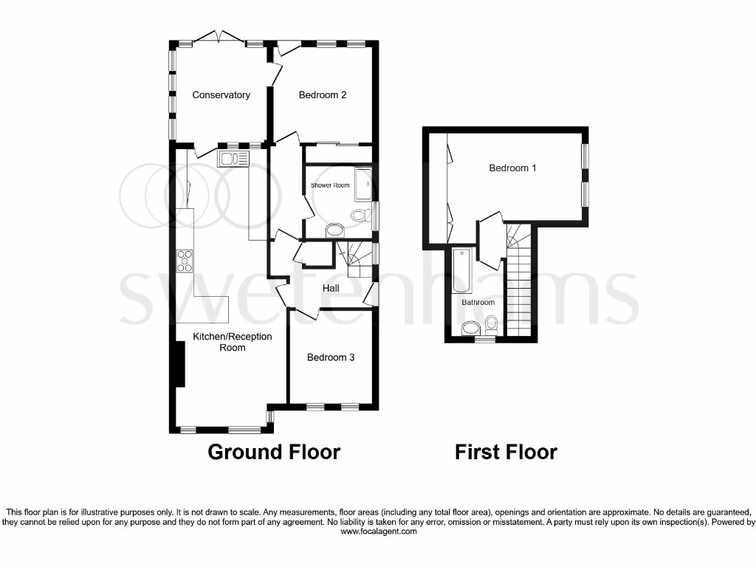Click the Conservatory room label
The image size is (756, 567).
(x=221, y=94)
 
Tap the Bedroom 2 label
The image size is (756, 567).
(x=323, y=94)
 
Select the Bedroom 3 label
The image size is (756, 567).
(x=331, y=357)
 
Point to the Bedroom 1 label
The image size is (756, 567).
(x=512, y=168)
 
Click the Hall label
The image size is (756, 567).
(x=331, y=288)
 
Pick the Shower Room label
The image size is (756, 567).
(x=330, y=185)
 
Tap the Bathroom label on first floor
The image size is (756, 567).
(x=478, y=303)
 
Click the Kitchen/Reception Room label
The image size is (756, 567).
(x=233, y=342)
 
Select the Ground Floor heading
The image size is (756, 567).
(x=274, y=452)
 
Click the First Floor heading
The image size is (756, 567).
(x=506, y=452)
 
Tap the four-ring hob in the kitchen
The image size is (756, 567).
(x=185, y=261)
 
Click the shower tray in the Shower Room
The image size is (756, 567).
(x=363, y=185)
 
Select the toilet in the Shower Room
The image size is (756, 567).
(x=360, y=216)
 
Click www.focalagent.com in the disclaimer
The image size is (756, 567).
(x=377, y=531)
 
